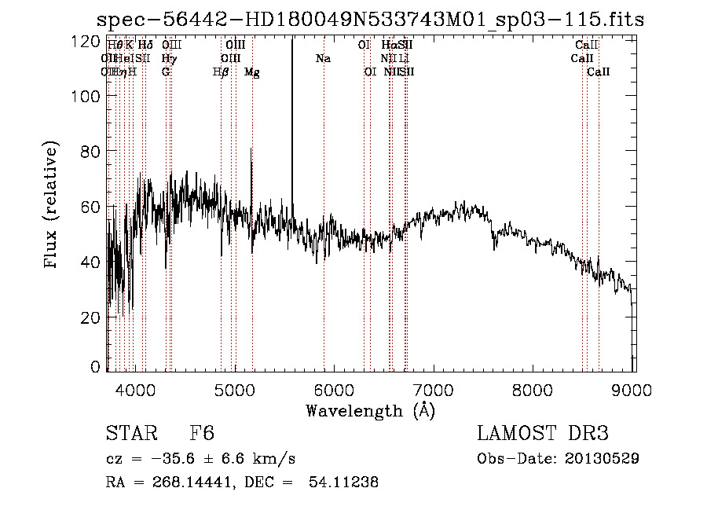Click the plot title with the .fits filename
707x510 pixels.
click(x=370, y=20)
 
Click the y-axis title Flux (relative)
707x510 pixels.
click(x=52, y=206)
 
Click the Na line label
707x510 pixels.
click(x=323, y=59)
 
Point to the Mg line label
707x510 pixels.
click(x=252, y=72)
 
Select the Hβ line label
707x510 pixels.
click(x=221, y=72)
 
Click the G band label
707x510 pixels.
click(x=166, y=72)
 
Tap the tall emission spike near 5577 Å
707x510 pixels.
click(x=292, y=118)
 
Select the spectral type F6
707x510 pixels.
click(x=202, y=435)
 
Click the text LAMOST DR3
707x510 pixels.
click(x=543, y=435)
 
